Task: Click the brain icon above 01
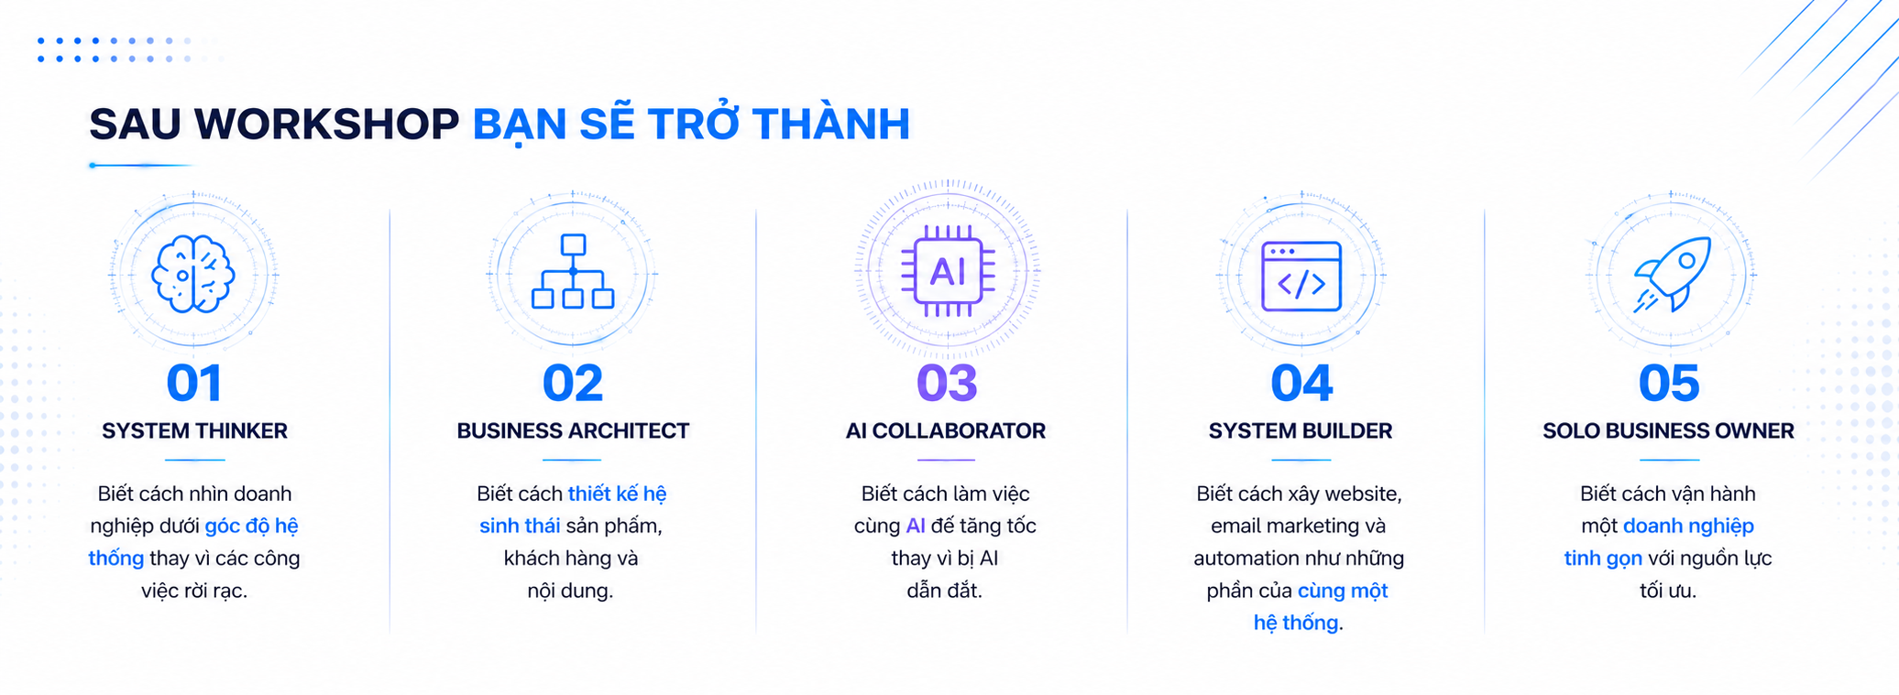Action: click(193, 274)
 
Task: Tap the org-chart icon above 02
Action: click(573, 271)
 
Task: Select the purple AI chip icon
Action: click(948, 271)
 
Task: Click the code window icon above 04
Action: click(1301, 277)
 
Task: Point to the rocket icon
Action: click(1673, 275)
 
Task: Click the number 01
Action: click(194, 383)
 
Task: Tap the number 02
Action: click(573, 383)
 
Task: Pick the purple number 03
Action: click(947, 383)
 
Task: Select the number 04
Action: click(1301, 383)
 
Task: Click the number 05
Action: click(1669, 383)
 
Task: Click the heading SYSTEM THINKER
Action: click(194, 431)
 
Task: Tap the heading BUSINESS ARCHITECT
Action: click(573, 431)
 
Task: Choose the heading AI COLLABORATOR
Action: click(946, 431)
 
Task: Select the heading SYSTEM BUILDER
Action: click(1301, 431)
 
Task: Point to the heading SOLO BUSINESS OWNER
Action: click(1668, 431)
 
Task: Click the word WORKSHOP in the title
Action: click(327, 125)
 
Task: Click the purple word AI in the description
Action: click(916, 527)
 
